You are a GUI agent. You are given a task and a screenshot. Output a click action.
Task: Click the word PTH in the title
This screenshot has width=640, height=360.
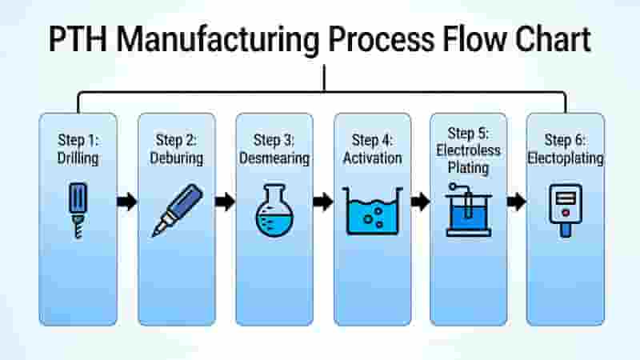click(78, 39)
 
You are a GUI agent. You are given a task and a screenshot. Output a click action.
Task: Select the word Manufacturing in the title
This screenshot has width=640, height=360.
click(218, 41)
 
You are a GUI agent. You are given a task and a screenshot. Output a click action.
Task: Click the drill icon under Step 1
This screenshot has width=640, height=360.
click(78, 210)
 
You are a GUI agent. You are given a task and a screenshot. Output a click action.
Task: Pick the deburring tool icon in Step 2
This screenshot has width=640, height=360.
click(178, 210)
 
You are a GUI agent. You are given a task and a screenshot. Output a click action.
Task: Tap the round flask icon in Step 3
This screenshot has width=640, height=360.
click(274, 210)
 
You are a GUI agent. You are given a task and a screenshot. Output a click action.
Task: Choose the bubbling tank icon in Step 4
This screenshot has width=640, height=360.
click(372, 211)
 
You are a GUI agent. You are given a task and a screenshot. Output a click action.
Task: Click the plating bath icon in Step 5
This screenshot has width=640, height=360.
click(469, 210)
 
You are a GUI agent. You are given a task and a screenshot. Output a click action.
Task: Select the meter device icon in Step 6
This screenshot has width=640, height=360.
click(566, 210)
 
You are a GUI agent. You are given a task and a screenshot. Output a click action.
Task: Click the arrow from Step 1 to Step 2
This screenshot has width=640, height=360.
click(127, 202)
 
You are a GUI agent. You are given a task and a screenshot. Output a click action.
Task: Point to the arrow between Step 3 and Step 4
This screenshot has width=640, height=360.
click(323, 202)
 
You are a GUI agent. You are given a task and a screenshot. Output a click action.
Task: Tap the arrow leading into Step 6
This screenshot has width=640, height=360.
click(516, 202)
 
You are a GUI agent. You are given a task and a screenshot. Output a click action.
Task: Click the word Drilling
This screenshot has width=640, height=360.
click(78, 158)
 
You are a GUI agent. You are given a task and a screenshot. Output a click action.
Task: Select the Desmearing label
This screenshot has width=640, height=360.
click(274, 158)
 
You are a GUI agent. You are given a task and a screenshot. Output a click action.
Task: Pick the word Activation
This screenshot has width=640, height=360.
click(372, 158)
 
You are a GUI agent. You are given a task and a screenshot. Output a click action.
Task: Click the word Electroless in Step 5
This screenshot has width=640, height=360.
click(468, 150)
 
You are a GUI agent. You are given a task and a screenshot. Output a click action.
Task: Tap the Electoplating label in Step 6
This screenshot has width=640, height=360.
click(566, 158)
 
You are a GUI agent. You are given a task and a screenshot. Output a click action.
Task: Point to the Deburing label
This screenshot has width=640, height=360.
click(176, 158)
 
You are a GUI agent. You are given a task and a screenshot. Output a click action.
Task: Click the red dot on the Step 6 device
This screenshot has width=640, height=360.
click(566, 213)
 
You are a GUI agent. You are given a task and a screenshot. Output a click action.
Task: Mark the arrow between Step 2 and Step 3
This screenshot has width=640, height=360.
click(226, 202)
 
